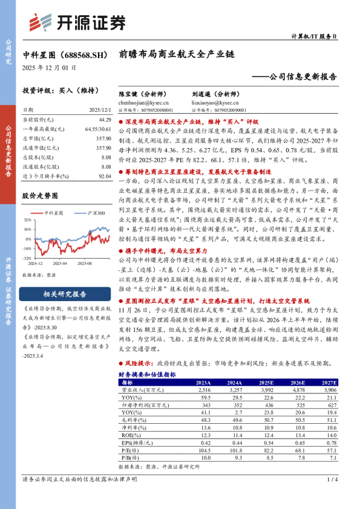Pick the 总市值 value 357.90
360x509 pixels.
click(x=103, y=138)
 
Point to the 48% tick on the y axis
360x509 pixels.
click(x=28, y=219)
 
